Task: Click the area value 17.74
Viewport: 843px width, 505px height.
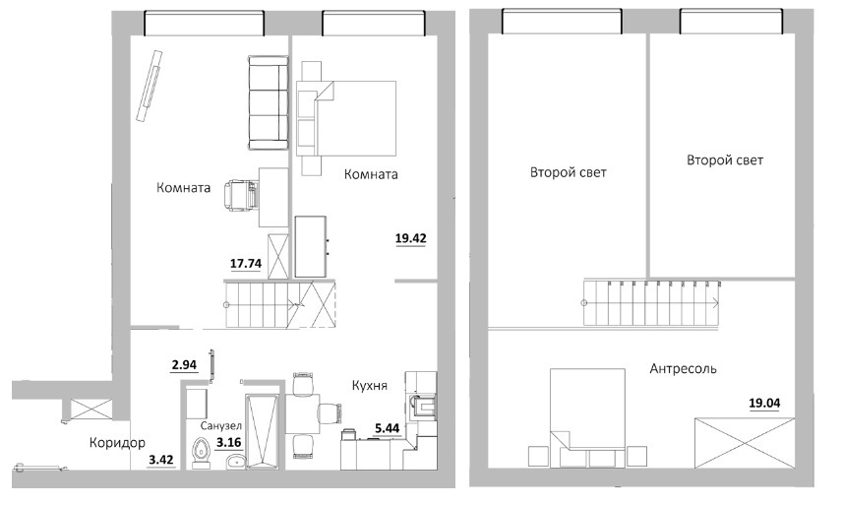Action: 246,264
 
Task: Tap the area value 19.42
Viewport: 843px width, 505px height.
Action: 411,238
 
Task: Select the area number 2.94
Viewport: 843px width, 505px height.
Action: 184,365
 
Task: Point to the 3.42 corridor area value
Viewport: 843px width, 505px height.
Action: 160,460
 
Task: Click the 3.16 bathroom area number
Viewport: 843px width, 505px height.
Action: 228,444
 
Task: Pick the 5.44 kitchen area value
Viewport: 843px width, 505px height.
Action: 388,428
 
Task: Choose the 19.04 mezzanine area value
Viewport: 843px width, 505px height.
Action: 764,404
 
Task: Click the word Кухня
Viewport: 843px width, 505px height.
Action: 370,386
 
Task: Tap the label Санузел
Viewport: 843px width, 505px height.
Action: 221,426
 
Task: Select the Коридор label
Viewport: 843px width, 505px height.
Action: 117,443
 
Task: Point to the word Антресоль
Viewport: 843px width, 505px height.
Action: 683,369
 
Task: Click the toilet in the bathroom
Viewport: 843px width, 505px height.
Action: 201,455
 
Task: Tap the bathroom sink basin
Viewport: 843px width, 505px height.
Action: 234,462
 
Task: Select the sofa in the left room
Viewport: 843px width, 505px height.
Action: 268,103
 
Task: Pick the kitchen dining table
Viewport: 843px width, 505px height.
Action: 303,413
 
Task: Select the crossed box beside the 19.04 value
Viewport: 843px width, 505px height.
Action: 744,443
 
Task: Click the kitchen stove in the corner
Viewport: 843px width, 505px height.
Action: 422,406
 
